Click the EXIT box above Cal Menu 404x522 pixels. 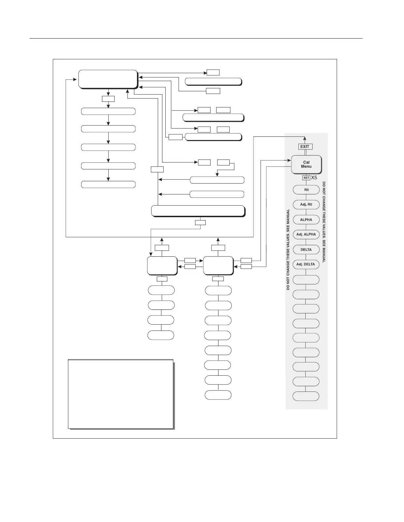(305, 147)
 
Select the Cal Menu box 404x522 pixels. (306, 164)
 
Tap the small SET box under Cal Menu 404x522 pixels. (306, 178)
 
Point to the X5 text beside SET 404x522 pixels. (314, 178)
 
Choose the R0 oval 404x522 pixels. (306, 190)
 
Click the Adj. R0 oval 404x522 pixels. (306, 205)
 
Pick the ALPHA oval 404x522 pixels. (306, 220)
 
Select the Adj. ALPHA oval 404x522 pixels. (306, 235)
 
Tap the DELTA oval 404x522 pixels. (306, 249)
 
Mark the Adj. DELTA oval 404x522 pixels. (306, 264)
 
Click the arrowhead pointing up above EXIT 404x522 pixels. (305, 139)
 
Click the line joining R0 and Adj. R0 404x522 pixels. (306, 197)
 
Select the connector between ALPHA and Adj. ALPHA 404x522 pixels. (306, 227)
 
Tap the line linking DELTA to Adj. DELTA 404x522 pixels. (306, 257)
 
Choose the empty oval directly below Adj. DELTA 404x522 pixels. (306, 279)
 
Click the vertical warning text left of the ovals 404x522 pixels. (288, 249)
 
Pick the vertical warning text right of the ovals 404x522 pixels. (324, 221)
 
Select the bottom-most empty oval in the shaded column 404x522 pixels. (306, 396)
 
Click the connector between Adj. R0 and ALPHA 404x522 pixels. (306, 212)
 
